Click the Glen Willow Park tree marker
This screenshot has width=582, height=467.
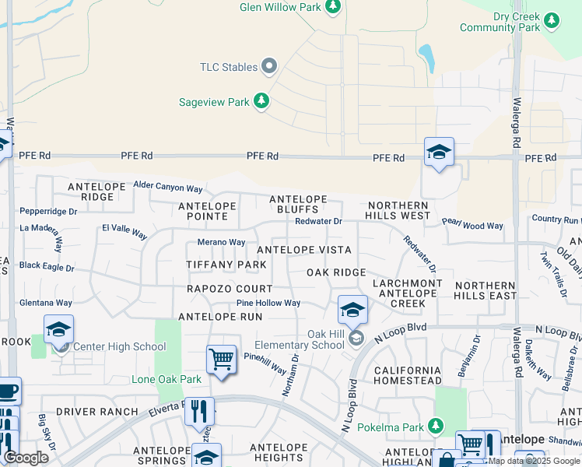click(334, 6)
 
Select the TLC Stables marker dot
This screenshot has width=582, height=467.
click(270, 67)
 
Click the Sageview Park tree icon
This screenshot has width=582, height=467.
click(262, 101)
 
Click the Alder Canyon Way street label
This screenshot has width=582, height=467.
click(168, 188)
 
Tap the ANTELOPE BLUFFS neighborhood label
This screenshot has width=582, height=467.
click(298, 205)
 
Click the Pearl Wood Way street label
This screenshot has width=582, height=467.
click(472, 226)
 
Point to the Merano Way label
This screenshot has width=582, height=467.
click(222, 243)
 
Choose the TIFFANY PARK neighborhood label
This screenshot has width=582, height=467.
click(226, 265)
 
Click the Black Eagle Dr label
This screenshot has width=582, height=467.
click(47, 266)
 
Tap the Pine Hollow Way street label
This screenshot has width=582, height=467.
click(268, 304)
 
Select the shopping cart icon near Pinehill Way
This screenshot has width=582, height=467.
click(221, 360)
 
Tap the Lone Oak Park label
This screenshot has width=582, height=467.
click(167, 380)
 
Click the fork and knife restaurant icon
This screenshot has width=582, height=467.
click(198, 410)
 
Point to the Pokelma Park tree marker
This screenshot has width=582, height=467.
click(436, 425)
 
